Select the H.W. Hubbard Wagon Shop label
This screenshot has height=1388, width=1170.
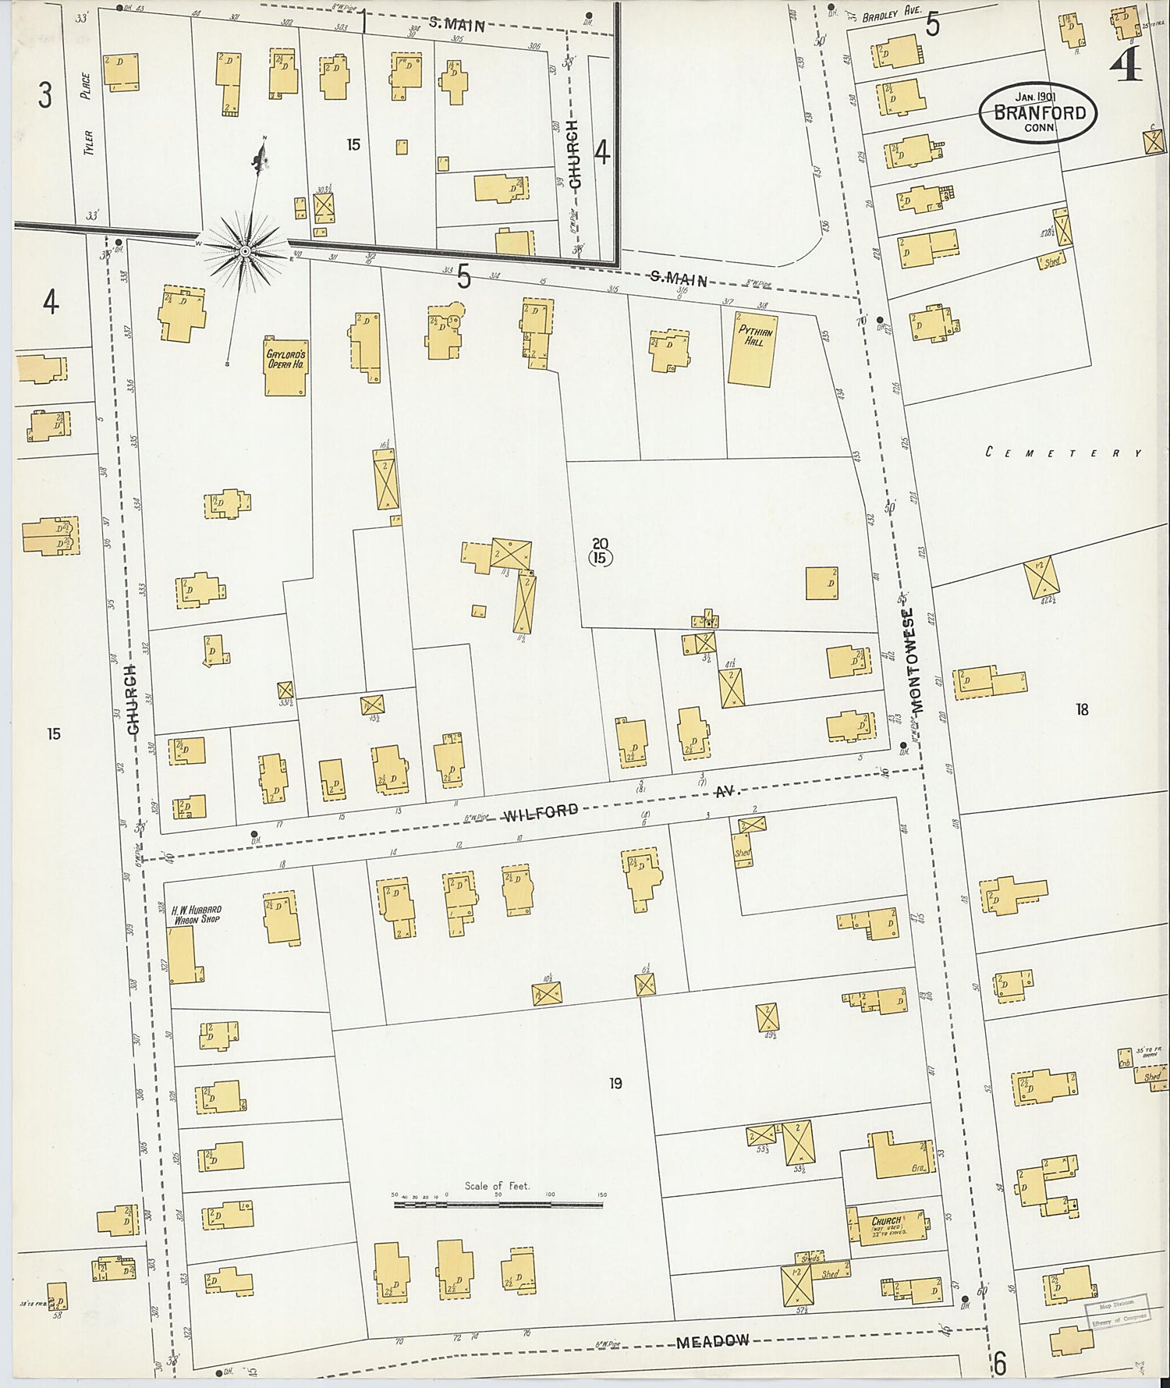click(x=197, y=914)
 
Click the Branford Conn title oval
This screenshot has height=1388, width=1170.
click(x=1038, y=113)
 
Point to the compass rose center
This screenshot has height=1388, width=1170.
click(x=245, y=250)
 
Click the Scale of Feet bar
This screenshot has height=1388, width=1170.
click(x=498, y=1205)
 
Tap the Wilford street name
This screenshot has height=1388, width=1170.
click(x=541, y=813)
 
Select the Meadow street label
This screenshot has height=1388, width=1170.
click(x=712, y=1341)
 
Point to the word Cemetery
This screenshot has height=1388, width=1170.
click(x=1063, y=453)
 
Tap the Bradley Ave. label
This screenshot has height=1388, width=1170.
click(x=892, y=12)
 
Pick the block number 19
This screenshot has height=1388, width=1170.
click(x=615, y=1083)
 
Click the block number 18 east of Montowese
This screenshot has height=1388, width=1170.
click(x=1081, y=709)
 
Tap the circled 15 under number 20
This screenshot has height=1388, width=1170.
click(x=601, y=558)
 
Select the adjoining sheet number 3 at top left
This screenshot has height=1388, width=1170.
click(x=45, y=96)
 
